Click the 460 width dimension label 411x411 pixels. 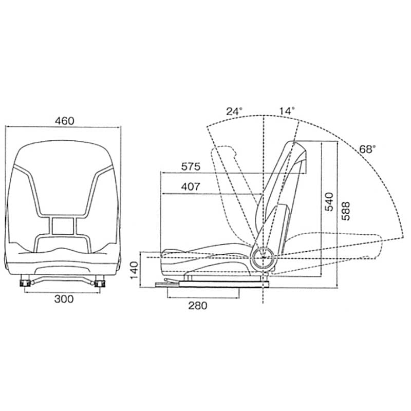pos(65,121)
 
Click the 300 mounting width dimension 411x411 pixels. pos(64,298)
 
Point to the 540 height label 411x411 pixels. pos(329,202)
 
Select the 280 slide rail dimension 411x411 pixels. pos(197,306)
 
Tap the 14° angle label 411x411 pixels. pos(287,110)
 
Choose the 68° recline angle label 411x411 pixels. pos(367,149)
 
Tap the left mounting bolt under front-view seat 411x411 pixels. pos(26,282)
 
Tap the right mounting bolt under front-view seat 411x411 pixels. pos(99,282)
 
